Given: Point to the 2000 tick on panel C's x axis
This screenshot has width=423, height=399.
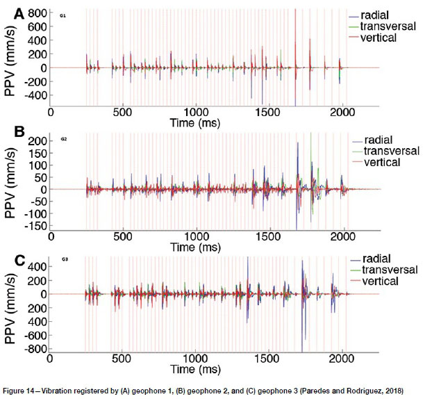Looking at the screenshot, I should coord(341,361).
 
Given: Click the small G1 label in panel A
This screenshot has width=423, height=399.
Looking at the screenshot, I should coord(63,15).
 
